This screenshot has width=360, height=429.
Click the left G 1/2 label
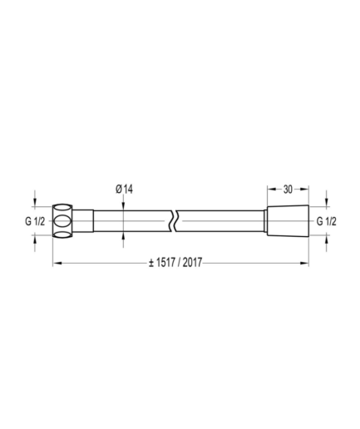[35, 221]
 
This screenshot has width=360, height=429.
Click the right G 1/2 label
[327, 221]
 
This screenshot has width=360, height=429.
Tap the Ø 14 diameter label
[124, 190]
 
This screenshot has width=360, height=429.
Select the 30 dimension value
[288, 190]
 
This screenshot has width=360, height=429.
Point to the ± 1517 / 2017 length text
[175, 263]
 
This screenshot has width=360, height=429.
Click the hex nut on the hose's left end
[62, 221]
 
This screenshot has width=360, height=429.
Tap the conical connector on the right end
[288, 221]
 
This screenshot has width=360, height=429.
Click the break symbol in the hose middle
[174, 221]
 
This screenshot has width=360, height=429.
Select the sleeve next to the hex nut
[83, 221]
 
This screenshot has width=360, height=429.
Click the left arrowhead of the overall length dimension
[57, 263]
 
